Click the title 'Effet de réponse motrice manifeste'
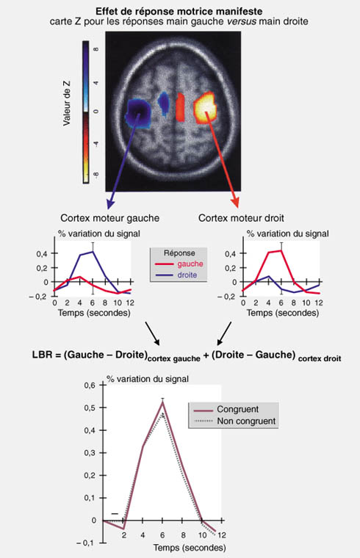coord(179,12)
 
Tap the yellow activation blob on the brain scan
coord(205,106)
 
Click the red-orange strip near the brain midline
coord(180,106)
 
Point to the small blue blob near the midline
coord(163,104)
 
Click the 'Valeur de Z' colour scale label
coord(67,104)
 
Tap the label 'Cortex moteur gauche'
coord(109,218)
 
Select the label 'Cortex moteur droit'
coord(241,218)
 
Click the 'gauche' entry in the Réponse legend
coord(190,264)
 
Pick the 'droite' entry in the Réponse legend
coord(187,275)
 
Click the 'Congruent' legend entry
coord(238,409)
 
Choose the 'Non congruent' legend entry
coord(246,421)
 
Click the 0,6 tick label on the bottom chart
coord(90,385)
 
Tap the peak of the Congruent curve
coord(162,402)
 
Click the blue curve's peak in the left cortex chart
coord(93,252)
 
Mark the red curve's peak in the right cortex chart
coord(281,250)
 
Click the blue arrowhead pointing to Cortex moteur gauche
coord(111,205)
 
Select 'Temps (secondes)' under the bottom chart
coord(190,547)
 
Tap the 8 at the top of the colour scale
coord(96,49)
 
